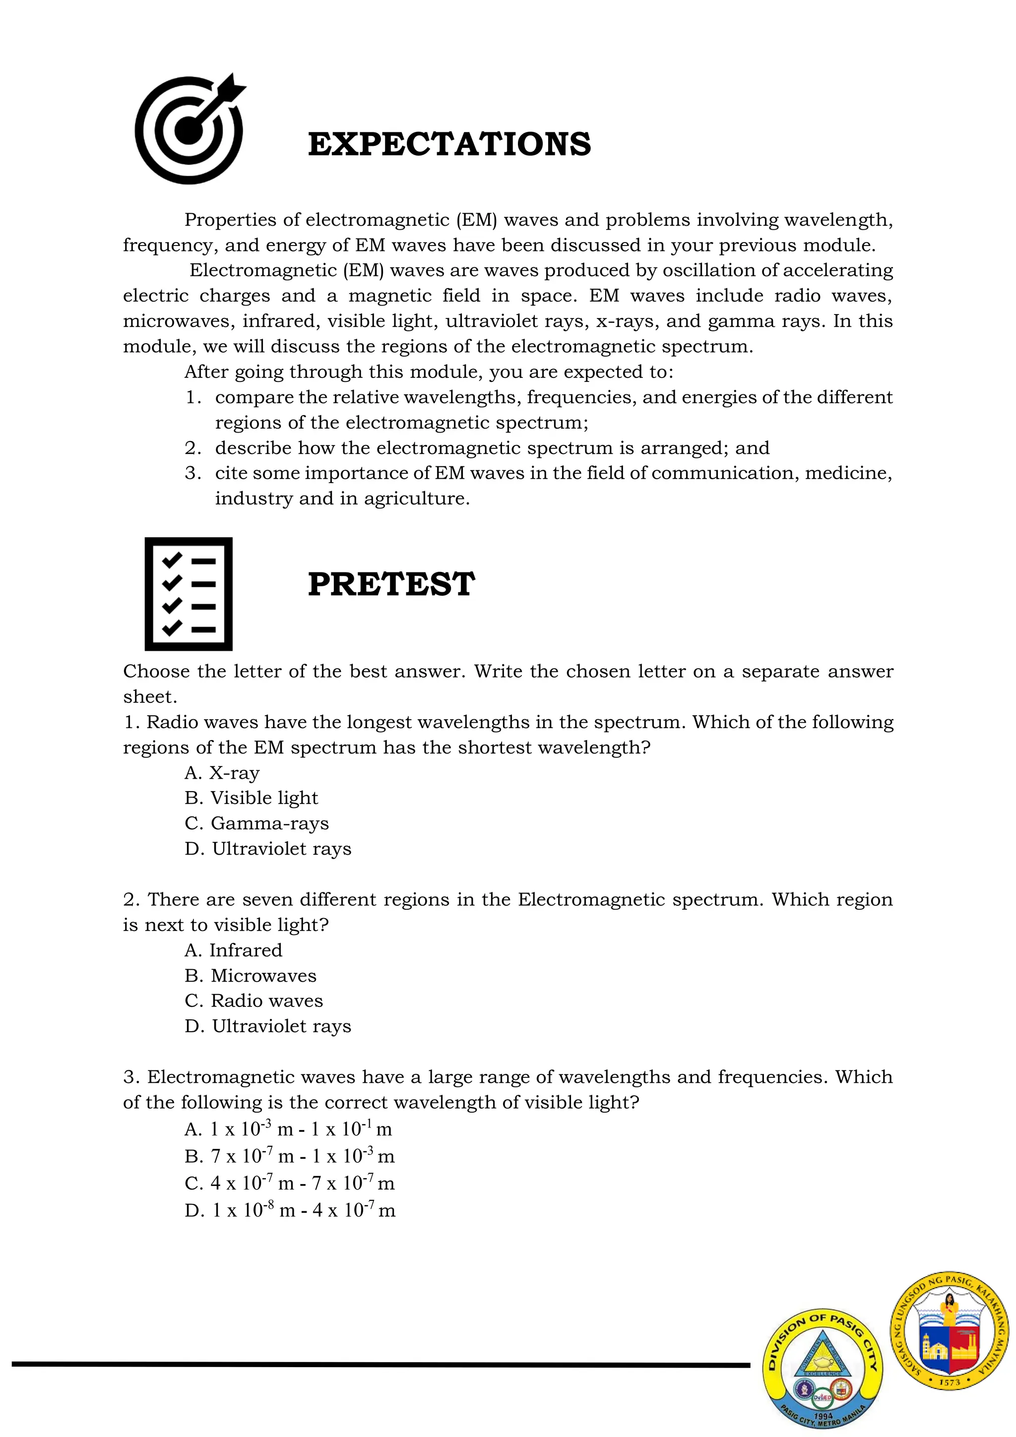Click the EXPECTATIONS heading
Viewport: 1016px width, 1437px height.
click(449, 144)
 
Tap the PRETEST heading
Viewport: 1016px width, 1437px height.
click(391, 584)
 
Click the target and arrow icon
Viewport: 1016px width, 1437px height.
click(189, 129)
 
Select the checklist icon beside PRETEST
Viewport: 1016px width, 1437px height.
click(189, 593)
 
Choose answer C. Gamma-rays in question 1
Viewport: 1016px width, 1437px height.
click(256, 823)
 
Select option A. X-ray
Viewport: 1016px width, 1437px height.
click(222, 772)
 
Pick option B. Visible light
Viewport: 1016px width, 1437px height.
click(251, 798)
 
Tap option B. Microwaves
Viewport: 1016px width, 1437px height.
click(251, 976)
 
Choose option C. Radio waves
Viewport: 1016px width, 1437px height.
click(254, 1001)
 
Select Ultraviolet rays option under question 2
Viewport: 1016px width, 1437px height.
click(268, 1026)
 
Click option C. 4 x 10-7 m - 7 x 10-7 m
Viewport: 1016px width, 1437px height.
click(289, 1184)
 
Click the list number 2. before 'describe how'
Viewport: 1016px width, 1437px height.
click(193, 448)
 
